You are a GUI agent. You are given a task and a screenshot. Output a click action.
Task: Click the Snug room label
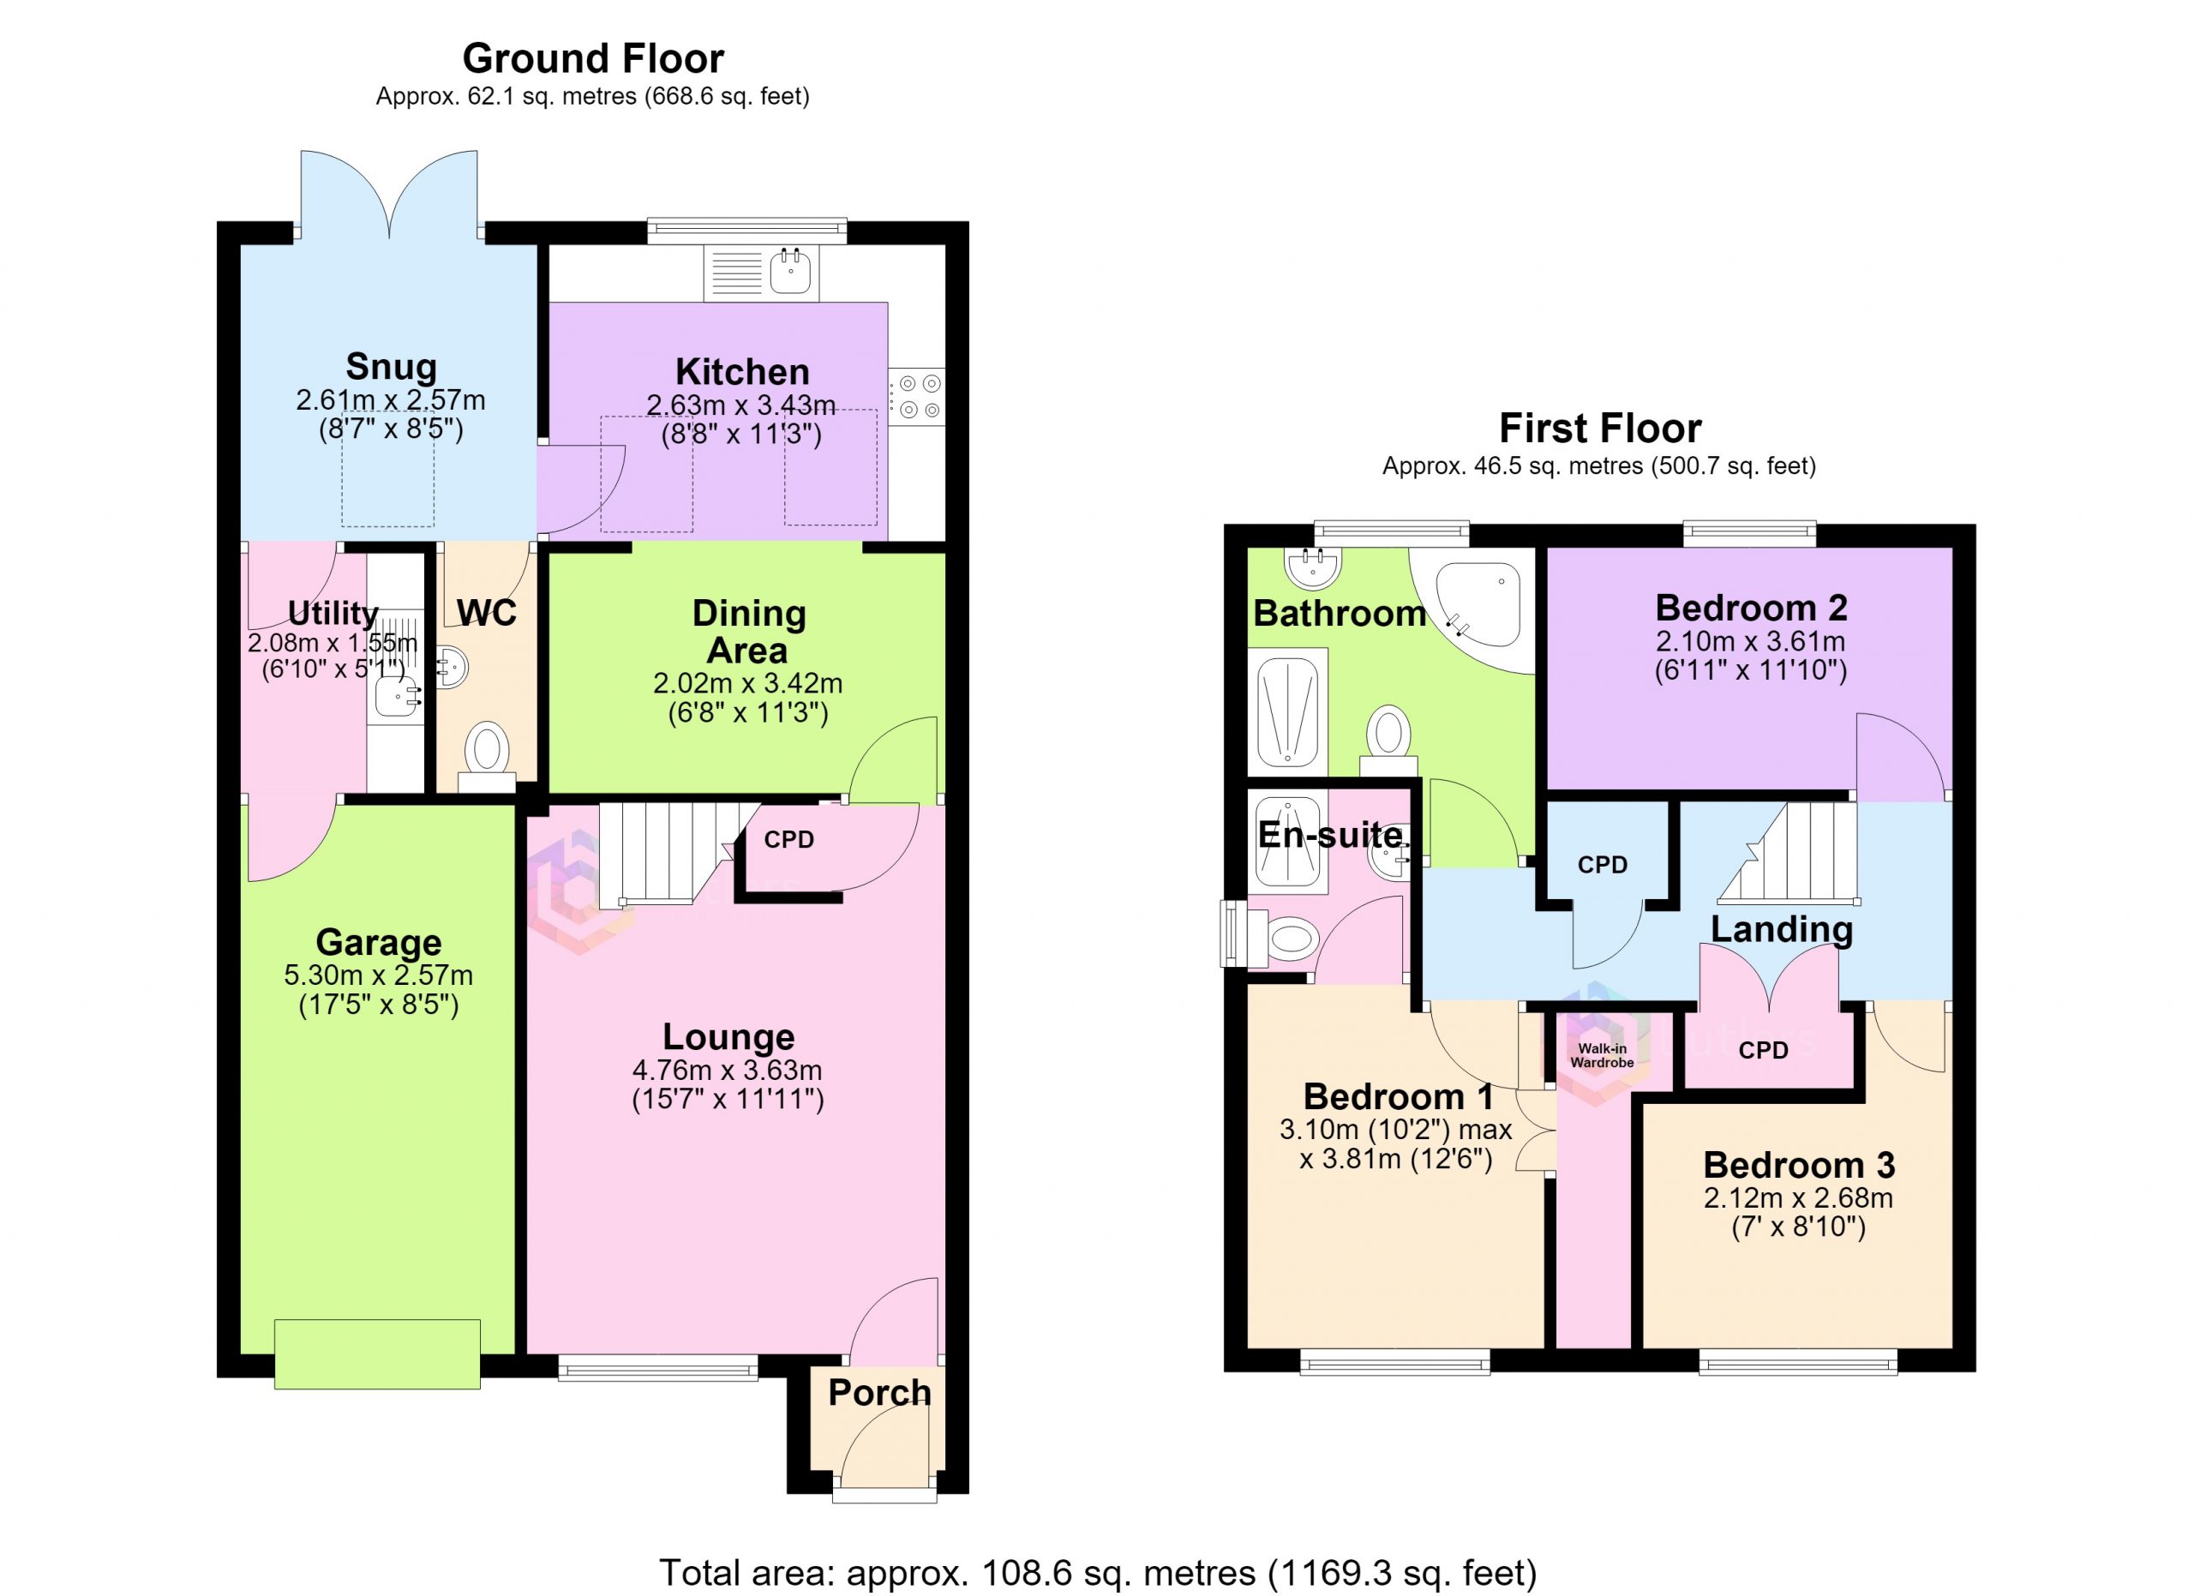pos(391,367)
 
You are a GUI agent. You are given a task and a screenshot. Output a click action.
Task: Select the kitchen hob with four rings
pos(916,397)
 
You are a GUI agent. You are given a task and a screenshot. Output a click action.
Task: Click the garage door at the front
pos(377,1354)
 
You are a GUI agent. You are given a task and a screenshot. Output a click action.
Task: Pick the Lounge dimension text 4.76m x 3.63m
pos(728,1071)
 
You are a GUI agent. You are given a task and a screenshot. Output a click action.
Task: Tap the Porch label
pos(879,1393)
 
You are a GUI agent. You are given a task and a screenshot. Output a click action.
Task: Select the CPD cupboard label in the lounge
pos(789,840)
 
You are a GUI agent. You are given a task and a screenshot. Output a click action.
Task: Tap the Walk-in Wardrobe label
pos(1602,1055)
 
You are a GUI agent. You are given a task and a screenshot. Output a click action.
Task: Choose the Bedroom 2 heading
pos(1751,608)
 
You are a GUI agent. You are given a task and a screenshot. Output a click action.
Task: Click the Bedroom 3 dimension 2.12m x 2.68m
pos(1798,1198)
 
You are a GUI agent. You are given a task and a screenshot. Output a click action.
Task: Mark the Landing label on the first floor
pos(1782,928)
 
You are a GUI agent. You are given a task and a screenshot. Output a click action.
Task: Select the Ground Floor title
pos(593,58)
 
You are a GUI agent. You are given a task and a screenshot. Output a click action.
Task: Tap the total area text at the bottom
pos(1098,1572)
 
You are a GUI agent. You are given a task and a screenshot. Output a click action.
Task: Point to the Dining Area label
pos(748,632)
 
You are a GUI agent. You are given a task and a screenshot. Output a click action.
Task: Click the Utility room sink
pos(397,695)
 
